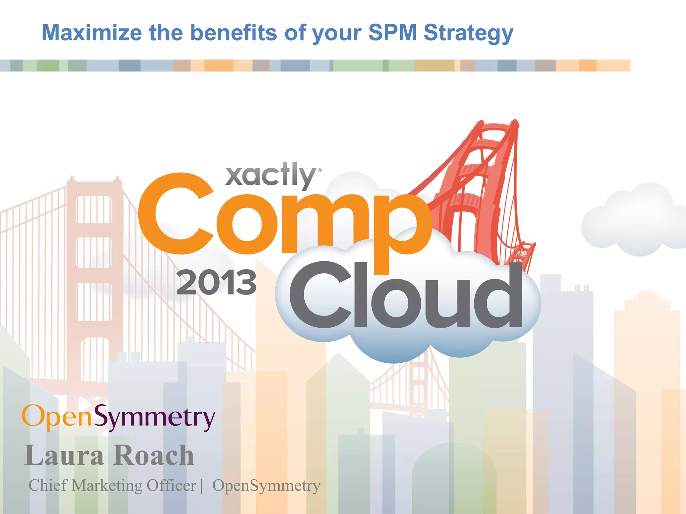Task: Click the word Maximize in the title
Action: tap(91, 33)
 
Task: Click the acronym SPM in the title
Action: tap(392, 33)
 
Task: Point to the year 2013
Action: tap(216, 283)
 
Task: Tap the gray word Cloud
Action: tap(405, 294)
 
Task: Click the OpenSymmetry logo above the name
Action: tap(118, 417)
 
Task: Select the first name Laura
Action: tap(64, 455)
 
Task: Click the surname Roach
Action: tap(153, 455)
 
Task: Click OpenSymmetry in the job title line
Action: tap(266, 486)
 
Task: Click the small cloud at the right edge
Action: tap(633, 221)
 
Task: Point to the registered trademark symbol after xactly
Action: tap(320, 170)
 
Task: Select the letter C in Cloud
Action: tap(320, 294)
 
